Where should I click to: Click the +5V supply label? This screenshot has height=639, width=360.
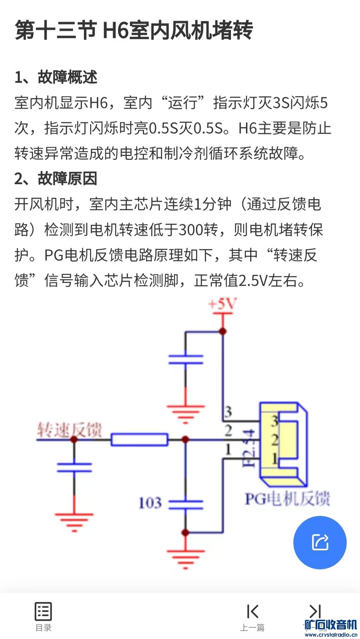coord(222,304)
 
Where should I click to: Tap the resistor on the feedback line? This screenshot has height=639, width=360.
coord(139,440)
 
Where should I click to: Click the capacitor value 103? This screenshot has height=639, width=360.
coord(150,503)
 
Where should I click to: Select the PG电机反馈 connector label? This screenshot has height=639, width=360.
coord(287,499)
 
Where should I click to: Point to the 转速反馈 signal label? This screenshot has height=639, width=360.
coord(69,430)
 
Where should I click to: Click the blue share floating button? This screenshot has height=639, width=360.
coord(320,542)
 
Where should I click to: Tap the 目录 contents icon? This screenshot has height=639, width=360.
coord(43,612)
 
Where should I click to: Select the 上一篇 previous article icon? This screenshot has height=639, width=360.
coord(252,612)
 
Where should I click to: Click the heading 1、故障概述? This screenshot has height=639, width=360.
coord(56,77)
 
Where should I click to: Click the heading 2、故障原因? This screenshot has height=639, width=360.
coord(56,178)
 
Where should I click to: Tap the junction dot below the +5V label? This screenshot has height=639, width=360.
coord(223,332)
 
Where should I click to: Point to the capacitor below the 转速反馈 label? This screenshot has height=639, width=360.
coord(74,467)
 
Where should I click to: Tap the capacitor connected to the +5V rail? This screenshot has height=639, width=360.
coord(186,360)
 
